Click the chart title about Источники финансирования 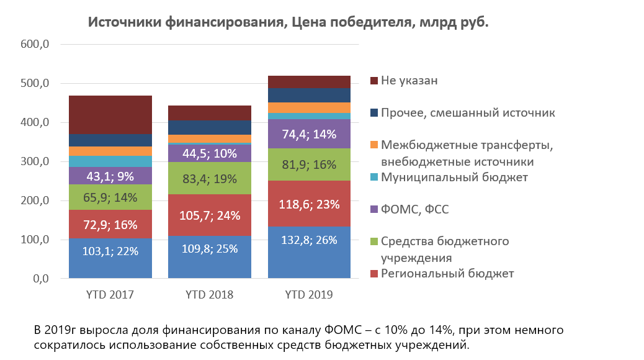click(288, 22)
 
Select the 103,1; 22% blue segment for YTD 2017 click(110, 258)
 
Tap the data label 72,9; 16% click(110, 225)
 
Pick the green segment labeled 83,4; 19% click(210, 178)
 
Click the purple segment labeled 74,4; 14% click(309, 133)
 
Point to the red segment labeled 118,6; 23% click(309, 204)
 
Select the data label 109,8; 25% click(210, 249)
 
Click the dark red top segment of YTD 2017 click(110, 115)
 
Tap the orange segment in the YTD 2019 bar click(309, 107)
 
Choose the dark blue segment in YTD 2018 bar click(210, 127)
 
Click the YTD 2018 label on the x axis click(210, 295)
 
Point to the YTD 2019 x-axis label click(309, 295)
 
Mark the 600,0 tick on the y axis click(35, 44)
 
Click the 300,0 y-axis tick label click(35, 161)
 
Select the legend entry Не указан click(404, 81)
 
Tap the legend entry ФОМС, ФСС click(409, 209)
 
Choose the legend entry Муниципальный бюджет click(449, 177)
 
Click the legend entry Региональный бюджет click(442, 273)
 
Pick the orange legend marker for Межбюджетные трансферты click(373, 145)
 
